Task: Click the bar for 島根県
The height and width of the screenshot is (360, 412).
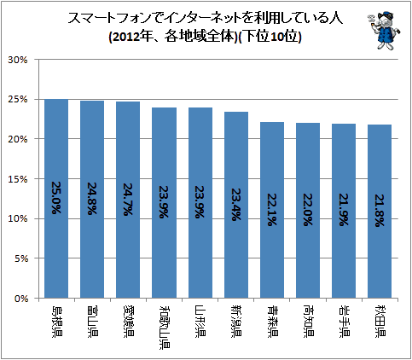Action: tap(56, 199)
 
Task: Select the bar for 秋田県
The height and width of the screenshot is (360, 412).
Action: tap(380, 212)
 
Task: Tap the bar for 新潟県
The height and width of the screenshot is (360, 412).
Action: tap(236, 205)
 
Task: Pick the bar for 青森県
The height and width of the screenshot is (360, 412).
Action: tap(272, 210)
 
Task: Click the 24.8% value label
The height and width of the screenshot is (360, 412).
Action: tap(92, 199)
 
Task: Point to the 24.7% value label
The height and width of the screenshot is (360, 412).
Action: tap(128, 199)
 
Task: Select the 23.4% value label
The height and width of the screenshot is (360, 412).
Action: tap(236, 205)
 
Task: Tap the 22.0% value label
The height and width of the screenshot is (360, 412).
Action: tap(308, 210)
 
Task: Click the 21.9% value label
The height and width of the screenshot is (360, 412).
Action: tap(344, 210)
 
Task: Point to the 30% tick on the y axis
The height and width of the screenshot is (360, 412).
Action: tap(18, 60)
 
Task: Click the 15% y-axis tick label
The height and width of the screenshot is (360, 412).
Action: tap(18, 179)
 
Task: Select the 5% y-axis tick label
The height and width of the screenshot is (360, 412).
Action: tap(20, 258)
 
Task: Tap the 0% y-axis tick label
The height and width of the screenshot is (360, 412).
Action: tap(20, 299)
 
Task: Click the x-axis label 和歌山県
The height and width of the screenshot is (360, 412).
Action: tap(165, 328)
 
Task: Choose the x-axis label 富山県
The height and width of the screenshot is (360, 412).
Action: tap(92, 322)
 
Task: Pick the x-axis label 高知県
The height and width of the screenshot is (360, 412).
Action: tap(308, 322)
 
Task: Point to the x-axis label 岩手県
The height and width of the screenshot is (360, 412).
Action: tap(344, 322)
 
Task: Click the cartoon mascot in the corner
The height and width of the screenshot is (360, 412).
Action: tap(384, 31)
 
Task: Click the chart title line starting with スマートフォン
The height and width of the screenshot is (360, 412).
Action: tap(206, 19)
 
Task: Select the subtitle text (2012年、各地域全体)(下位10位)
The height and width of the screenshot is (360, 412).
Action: tap(205, 37)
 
